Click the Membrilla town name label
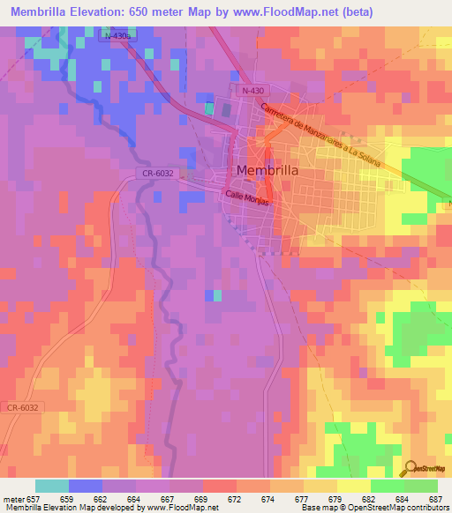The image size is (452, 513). (x=272, y=170)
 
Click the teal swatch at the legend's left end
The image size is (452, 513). (x=51, y=486)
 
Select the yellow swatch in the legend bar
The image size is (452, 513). (x=353, y=486)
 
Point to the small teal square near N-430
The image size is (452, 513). (x=209, y=108)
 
